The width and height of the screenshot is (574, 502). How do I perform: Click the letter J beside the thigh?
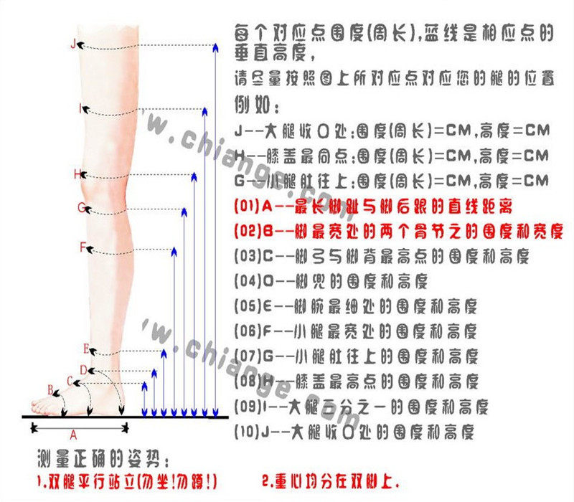[x=72, y=44]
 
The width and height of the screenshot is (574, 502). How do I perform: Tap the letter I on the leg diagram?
[x=80, y=109]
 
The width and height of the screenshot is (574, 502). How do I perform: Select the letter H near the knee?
[x=77, y=174]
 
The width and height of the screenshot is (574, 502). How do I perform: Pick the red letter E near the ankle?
[x=86, y=349]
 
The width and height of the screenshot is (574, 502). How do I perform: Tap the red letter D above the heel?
[x=83, y=369]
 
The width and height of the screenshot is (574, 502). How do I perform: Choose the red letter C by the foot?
[x=70, y=380]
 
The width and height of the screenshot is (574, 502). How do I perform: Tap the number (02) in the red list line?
[x=246, y=232]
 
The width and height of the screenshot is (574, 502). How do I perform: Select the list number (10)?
[x=246, y=432]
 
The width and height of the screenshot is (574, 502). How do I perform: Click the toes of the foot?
[x=40, y=409]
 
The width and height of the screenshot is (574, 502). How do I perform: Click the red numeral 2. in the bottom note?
[x=267, y=480]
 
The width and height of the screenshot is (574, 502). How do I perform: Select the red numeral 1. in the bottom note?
[x=40, y=478]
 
